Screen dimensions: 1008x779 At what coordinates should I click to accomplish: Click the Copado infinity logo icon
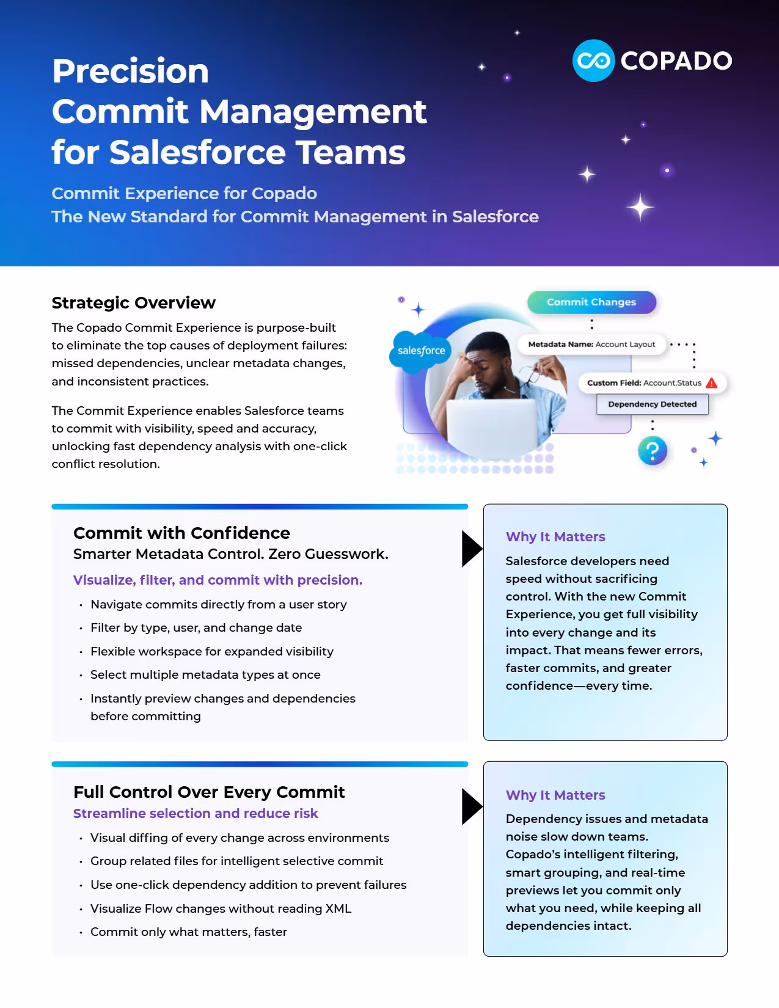click(593, 60)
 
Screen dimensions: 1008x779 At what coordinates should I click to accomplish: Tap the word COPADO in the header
click(676, 61)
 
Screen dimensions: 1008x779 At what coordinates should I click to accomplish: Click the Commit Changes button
click(591, 302)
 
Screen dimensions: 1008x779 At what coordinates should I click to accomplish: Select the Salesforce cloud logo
click(421, 350)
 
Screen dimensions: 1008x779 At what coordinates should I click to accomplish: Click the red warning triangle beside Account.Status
click(712, 383)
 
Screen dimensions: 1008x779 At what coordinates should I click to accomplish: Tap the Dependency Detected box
click(652, 404)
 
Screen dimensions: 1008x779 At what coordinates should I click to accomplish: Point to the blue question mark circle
click(653, 451)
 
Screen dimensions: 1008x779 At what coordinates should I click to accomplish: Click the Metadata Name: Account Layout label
click(591, 345)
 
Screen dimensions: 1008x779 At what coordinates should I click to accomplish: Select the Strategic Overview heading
click(133, 303)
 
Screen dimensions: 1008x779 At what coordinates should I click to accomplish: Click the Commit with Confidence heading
click(181, 533)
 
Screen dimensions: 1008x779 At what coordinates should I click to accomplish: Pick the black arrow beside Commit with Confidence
click(472, 549)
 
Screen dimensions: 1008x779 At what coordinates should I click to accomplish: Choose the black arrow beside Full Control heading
click(472, 806)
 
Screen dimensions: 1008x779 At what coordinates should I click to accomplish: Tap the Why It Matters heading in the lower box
click(555, 795)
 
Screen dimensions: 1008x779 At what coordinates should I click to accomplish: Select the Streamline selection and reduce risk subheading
click(196, 814)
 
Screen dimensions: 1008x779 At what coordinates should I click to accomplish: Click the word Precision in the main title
click(131, 71)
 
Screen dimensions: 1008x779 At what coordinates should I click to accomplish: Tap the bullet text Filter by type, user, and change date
click(196, 628)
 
